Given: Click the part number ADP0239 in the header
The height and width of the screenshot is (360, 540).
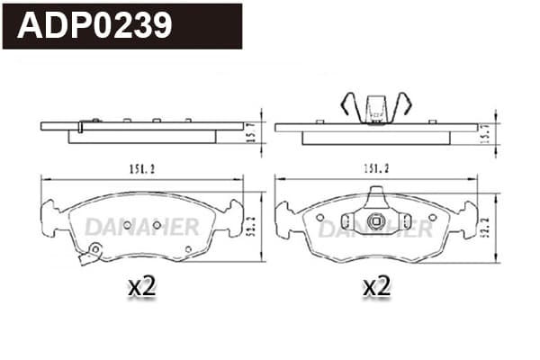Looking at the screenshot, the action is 94,25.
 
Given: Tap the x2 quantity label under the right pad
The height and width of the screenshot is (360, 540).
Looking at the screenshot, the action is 377,286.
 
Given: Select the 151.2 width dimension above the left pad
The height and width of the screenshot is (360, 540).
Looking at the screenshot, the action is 142,169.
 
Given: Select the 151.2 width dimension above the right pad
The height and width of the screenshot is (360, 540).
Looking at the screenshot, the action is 376,168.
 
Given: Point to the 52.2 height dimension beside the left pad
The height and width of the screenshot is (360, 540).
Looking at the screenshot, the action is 252,226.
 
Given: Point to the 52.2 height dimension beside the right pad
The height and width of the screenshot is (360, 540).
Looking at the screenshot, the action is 486,227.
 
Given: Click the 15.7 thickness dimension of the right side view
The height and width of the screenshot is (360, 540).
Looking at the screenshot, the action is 486,134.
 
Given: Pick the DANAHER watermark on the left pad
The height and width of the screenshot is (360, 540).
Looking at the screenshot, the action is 142,227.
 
